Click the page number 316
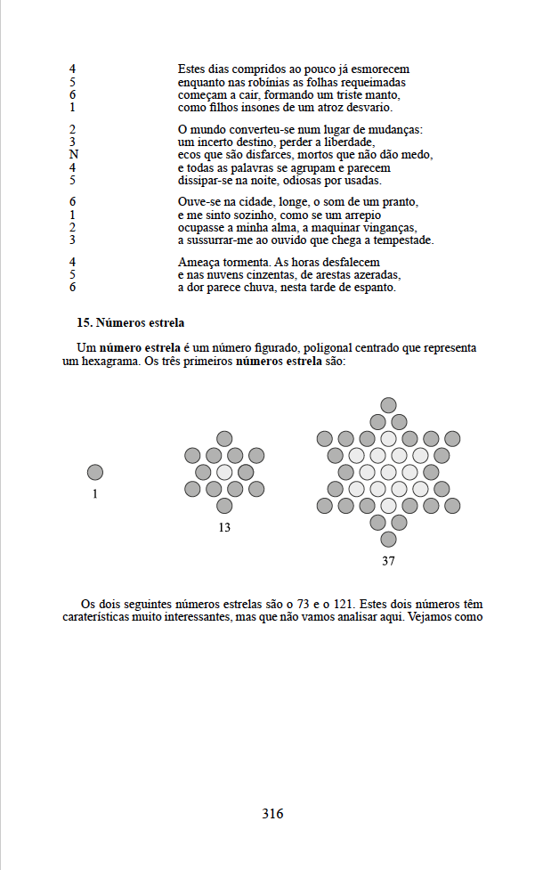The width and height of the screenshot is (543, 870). click(272, 813)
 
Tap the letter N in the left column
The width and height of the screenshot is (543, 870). click(73, 154)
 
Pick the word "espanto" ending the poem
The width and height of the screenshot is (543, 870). click(375, 288)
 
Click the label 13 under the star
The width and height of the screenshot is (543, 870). click(224, 527)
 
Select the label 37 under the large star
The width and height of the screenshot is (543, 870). click(388, 561)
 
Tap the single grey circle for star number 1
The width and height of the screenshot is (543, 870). click(95, 472)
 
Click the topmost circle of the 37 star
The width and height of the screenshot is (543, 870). click(388, 405)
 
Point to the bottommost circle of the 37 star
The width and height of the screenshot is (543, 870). click(388, 539)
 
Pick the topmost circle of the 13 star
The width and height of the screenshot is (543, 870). click(224, 439)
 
